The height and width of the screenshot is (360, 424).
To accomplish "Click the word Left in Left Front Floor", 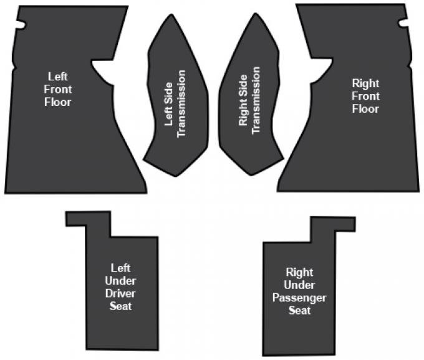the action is coord(58,77).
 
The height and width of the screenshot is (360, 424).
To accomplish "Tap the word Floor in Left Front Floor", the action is coord(58,102).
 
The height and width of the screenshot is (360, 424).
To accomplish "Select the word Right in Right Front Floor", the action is coord(365,83).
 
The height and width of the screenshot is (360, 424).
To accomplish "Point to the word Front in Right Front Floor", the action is coord(365,96).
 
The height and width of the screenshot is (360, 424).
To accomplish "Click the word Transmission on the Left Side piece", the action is coord(181,104).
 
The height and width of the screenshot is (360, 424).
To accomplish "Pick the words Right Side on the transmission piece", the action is coord(243,100).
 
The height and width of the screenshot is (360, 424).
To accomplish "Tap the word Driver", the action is coord(120,293).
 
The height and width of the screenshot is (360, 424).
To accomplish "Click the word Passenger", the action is coord(299,298).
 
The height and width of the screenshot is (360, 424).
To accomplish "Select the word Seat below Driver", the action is coord(120,306).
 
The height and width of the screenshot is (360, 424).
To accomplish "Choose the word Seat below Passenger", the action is coord(300,311).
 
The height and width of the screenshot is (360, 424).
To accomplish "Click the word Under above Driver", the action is coord(120,281).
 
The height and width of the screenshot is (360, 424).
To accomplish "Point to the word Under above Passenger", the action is coord(299,285).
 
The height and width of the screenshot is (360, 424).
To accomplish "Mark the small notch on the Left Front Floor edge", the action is coord(21,24).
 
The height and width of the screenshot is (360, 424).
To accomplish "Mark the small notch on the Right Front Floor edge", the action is coord(403,23).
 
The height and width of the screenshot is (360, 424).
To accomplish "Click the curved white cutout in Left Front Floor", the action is coord(104,71).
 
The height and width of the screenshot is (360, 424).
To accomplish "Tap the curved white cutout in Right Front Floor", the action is coord(321,70).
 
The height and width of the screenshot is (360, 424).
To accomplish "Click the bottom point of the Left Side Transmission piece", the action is coord(176,176).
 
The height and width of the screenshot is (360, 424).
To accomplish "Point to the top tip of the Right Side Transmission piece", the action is coord(255,14).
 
